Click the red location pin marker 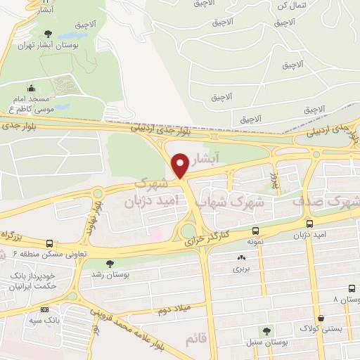tap(180, 165)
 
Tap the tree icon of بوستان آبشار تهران tap(48, 34)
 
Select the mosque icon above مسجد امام tap(31, 89)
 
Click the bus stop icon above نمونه tap(255, 231)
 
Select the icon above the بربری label tap(241, 258)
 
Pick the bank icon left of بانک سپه tap(45, 309)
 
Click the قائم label tap(197, 340)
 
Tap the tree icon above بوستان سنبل tap(266, 331)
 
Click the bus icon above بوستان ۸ tap(352, 289)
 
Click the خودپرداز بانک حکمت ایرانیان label tap(31, 281)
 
